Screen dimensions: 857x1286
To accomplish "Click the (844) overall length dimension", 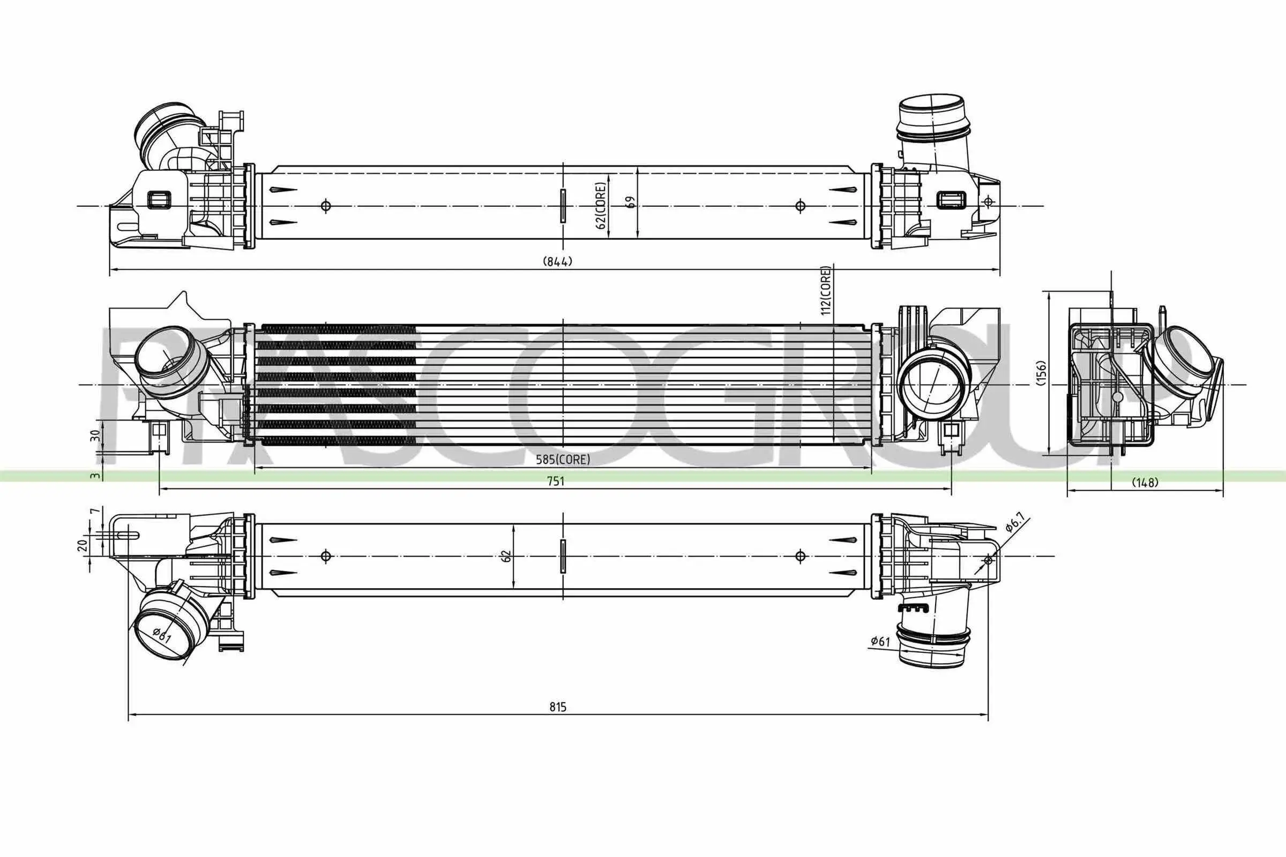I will [557, 261].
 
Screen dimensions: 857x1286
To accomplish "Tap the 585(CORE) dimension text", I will [563, 460].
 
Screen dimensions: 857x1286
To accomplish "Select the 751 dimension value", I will [555, 481].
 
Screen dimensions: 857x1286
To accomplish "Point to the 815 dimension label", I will [558, 706].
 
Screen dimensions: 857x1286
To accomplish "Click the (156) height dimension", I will [1041, 373].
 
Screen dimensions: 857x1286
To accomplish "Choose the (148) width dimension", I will [1145, 483].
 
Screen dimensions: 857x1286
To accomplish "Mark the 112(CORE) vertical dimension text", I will [826, 290].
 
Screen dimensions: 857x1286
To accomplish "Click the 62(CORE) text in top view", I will [601, 206].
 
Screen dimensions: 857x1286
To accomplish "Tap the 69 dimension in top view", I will [632, 202].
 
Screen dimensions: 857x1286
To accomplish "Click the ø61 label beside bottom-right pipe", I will [880, 641].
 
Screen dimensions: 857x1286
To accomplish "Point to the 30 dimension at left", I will [95, 435].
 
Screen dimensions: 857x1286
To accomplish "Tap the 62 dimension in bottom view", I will [506, 556].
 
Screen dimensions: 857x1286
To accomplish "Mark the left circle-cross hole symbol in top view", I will [326, 206].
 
